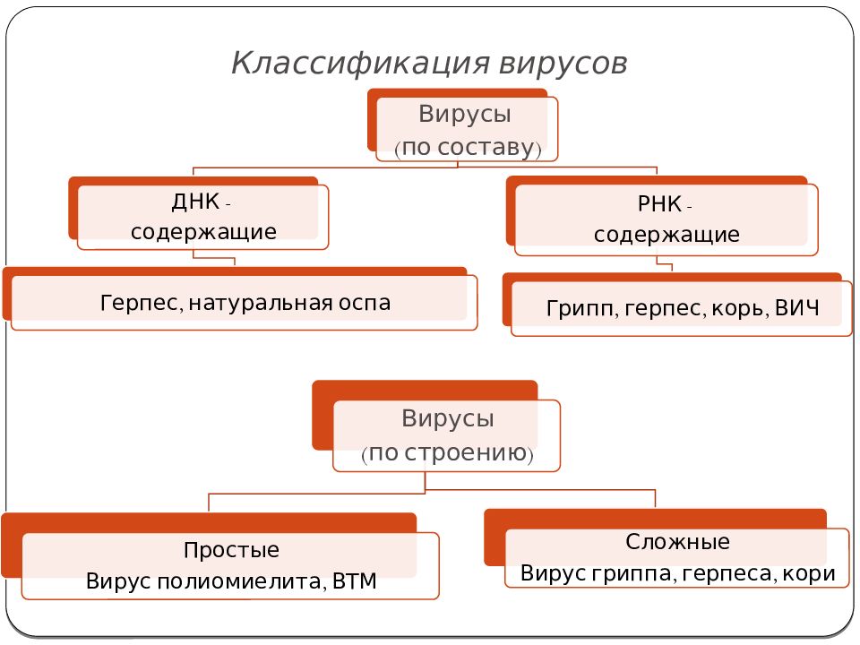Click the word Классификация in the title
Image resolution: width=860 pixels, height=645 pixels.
click(360, 64)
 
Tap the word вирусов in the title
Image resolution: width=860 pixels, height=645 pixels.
click(563, 64)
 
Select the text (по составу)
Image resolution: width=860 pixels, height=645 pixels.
click(468, 148)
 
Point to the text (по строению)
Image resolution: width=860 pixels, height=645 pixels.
click(447, 453)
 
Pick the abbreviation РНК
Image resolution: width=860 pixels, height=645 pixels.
click(660, 204)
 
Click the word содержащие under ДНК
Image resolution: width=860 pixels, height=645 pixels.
click(203, 231)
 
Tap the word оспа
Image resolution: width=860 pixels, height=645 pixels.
click(365, 303)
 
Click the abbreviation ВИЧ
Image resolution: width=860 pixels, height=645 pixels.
click(797, 307)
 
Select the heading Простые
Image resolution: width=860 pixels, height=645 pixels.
click(231, 549)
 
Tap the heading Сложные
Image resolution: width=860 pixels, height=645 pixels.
click(677, 542)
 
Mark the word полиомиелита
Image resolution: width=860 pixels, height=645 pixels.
click(241, 580)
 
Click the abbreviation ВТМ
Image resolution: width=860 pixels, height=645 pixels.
click(355, 580)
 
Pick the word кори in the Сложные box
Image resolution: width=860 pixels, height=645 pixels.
click(809, 573)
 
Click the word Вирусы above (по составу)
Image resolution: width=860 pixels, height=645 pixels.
click(465, 114)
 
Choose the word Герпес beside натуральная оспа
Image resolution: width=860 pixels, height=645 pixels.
click(141, 304)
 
